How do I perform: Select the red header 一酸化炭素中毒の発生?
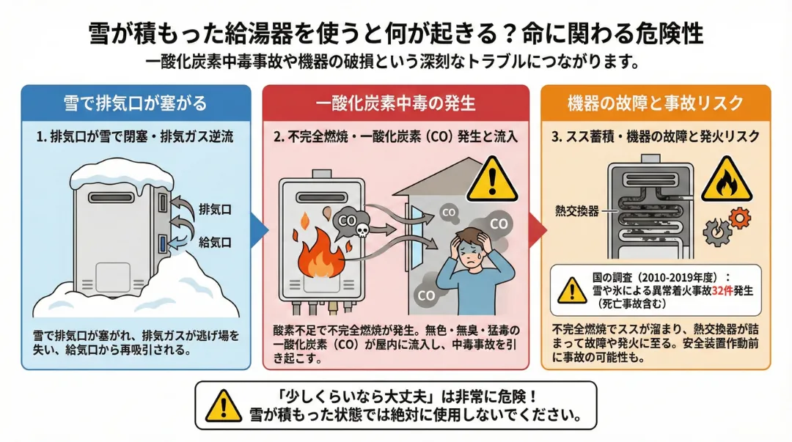(x=396, y=103)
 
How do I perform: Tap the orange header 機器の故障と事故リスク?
(x=656, y=103)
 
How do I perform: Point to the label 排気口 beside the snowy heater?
(x=215, y=210)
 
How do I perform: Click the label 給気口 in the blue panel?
(x=215, y=240)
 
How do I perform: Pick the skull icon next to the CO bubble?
(x=361, y=230)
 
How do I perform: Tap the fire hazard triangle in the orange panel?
(x=726, y=180)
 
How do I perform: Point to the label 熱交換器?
(x=577, y=211)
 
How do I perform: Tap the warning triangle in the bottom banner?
(x=221, y=404)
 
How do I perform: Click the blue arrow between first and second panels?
(x=257, y=230)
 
